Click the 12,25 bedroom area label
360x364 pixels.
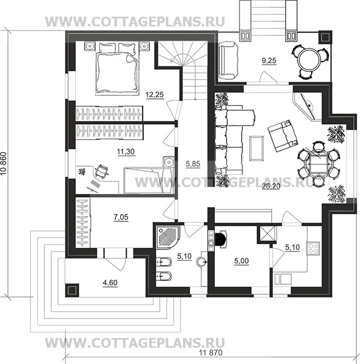click(155, 95)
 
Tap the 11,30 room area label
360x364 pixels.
click(126, 152)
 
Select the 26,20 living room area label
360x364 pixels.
click(271, 186)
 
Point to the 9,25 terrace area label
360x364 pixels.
click(269, 61)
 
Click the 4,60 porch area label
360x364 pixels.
click(110, 283)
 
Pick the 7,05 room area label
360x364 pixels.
click(121, 217)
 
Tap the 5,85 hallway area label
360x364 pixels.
click(193, 164)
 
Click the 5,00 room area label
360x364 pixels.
click(241, 261)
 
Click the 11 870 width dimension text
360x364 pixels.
click(211, 353)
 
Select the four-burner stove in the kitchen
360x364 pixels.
click(313, 248)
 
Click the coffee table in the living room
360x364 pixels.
click(256, 148)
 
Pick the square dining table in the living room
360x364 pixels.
click(318, 163)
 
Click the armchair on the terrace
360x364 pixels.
click(228, 60)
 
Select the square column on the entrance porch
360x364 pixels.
click(72, 290)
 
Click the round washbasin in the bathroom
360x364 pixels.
click(202, 262)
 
